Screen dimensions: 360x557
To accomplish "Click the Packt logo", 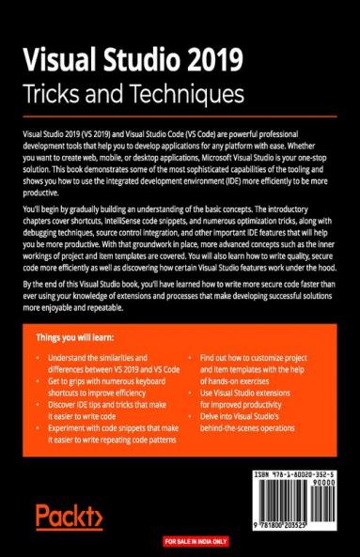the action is tap(68, 516).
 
